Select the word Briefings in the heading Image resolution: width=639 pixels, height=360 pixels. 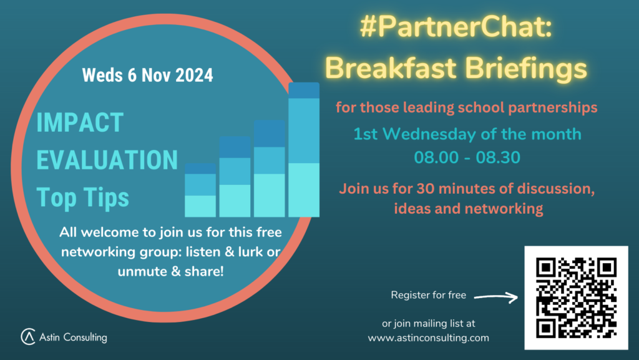525,68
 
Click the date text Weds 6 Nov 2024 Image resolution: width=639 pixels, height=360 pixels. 147,75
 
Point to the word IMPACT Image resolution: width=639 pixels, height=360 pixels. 80,122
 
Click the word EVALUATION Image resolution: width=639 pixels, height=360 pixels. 107,159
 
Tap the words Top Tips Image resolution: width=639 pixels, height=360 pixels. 83,197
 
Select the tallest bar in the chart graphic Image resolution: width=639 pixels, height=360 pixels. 304,149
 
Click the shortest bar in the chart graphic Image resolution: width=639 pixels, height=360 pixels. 200,190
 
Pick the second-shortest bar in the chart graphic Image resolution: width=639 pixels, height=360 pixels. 235,176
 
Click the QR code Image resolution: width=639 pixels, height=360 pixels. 576,298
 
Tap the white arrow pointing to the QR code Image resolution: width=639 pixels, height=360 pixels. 496,297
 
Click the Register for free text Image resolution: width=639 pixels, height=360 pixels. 428,295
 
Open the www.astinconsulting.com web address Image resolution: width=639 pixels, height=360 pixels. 428,338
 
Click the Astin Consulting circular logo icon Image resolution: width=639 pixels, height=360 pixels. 28,336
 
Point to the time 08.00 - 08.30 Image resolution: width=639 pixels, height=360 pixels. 467,157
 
